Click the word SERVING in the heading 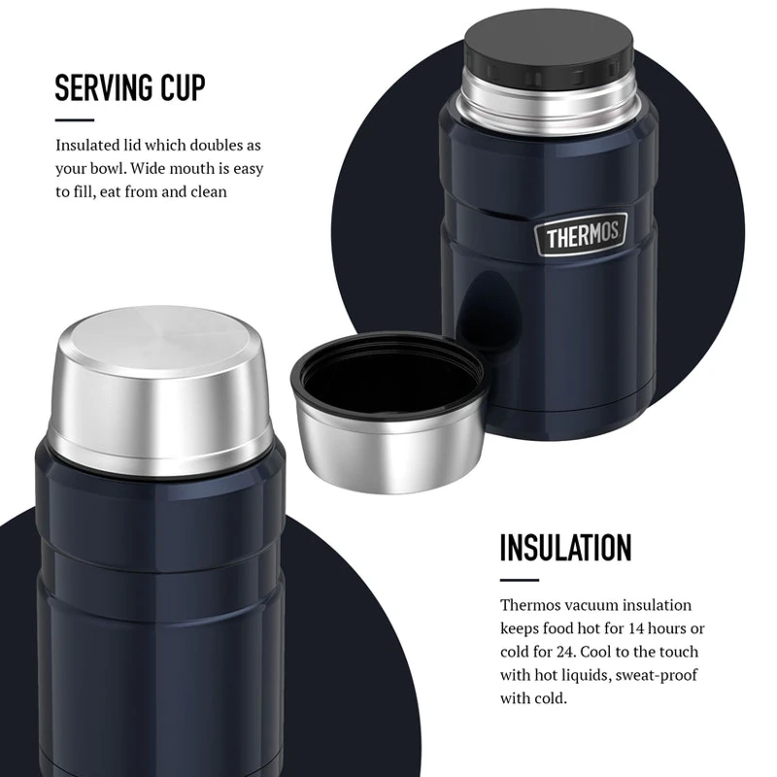point(96,87)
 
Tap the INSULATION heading point(565,548)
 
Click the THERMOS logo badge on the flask point(581,234)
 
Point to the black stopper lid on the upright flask point(549,44)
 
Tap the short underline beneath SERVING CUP point(75,119)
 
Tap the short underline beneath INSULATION point(520,580)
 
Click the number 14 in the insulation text point(636,628)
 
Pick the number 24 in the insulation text point(564,652)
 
